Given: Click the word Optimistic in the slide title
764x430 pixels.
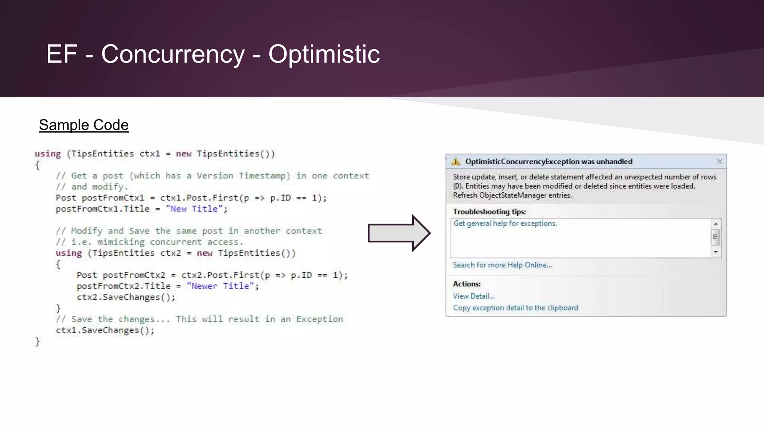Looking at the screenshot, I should pos(324,54).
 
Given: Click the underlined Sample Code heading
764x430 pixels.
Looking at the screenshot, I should pos(84,125).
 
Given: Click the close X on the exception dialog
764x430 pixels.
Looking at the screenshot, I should pos(719,161).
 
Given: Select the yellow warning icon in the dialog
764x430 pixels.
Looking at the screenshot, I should pos(456,162).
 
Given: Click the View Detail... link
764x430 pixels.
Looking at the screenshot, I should pos(473,296).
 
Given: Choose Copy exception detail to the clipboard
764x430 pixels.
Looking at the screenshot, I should pos(515,308).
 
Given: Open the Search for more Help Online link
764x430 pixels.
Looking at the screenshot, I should pos(502,265).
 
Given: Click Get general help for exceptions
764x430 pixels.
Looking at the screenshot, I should pos(505,224).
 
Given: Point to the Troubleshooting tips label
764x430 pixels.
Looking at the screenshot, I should pos(489,212).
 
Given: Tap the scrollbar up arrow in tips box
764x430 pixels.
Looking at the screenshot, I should pos(716,224).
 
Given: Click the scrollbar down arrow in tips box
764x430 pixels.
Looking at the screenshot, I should pos(716,252).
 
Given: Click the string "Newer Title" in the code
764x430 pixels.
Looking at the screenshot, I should pos(220,286).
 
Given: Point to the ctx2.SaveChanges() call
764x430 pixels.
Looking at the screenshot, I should pos(126,297).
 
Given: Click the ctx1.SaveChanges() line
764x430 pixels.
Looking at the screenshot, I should pos(105,330).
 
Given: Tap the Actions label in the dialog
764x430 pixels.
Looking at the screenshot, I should pos(466,284).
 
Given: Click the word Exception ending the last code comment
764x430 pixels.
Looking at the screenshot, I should pos(319,320).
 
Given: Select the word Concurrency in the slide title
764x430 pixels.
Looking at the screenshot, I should pos(173,54).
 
